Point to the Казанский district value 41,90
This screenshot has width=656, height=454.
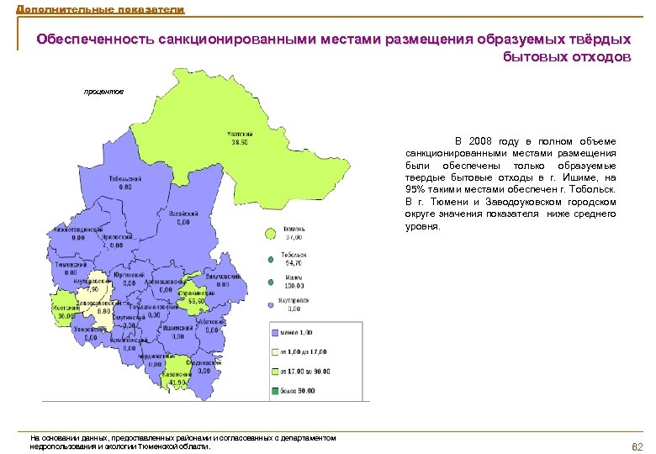point(177,382)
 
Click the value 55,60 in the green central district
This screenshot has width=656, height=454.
point(196,300)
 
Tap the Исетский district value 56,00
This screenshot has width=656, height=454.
point(67,315)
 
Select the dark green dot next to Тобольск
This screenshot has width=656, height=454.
point(271,259)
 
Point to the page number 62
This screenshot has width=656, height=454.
point(636,445)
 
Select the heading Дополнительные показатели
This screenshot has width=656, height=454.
point(92,8)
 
